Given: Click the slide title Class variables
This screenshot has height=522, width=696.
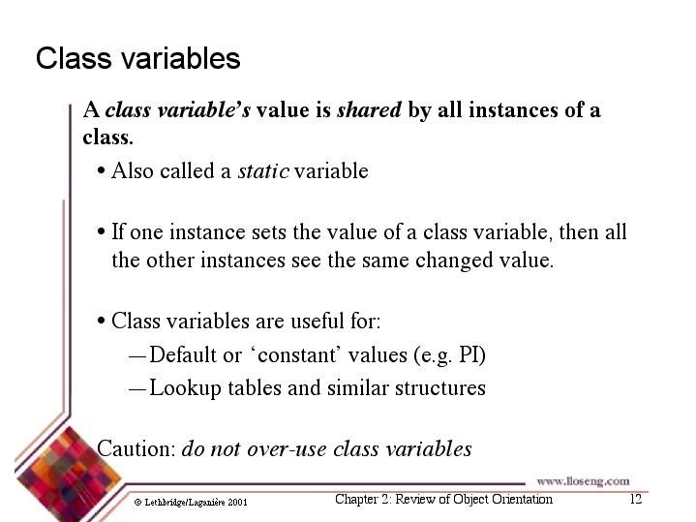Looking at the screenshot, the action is [138, 58].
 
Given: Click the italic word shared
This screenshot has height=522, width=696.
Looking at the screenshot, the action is [369, 109].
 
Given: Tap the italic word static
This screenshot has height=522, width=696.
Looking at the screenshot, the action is [263, 171].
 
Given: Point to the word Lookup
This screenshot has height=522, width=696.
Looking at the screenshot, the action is [185, 388].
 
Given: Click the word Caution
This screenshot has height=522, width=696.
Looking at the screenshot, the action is [136, 448].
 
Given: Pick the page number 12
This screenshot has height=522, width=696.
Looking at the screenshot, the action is [636, 499].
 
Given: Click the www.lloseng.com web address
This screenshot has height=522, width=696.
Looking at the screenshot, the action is [583, 481].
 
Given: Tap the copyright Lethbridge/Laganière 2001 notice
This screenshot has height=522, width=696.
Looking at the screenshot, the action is [191, 503].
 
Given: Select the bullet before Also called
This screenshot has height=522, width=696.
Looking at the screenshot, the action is [102, 171].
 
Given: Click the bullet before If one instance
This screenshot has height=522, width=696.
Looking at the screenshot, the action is [102, 231].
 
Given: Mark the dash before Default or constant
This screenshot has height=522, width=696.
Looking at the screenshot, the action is [137, 356].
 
